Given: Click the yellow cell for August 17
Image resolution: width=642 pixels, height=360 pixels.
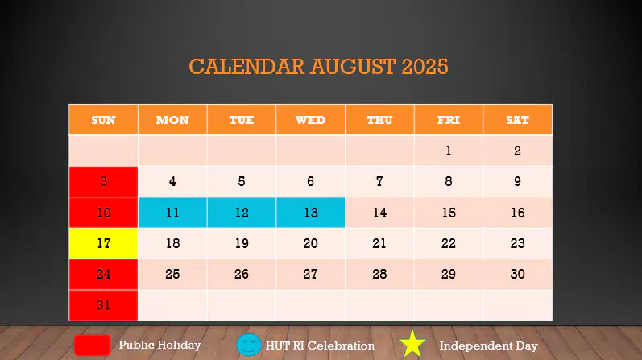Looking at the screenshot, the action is [103, 243].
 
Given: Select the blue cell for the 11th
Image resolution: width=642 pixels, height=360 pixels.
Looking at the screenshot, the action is [172, 213].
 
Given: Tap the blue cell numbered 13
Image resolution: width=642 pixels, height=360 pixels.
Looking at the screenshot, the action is [310, 213].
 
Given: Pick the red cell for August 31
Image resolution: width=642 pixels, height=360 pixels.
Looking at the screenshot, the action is [103, 305].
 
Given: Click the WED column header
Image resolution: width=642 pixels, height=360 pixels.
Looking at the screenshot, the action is [310, 119].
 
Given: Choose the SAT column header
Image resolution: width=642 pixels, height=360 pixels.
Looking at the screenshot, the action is [517, 119].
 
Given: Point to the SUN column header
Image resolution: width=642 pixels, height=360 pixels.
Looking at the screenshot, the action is [103, 119].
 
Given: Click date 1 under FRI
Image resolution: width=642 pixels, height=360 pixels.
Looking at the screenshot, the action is [449, 151].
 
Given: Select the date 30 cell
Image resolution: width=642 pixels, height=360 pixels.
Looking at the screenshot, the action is [517, 274].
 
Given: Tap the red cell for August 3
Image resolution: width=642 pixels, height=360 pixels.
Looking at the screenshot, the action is [103, 181].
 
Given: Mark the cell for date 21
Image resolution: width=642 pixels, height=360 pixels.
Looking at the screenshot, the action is [379, 243].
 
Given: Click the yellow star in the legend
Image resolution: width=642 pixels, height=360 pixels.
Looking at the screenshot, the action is [412, 344].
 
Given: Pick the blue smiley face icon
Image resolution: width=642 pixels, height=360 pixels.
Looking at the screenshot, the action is [249, 345].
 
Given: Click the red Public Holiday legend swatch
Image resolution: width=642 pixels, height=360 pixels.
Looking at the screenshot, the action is [92, 346].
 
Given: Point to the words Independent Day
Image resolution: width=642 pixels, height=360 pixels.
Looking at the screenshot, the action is [488, 346].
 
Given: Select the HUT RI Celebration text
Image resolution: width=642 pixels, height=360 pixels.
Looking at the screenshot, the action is [320, 346].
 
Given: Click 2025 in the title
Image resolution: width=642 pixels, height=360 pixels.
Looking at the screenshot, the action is [425, 67].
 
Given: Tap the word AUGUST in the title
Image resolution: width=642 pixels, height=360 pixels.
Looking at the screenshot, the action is [353, 67].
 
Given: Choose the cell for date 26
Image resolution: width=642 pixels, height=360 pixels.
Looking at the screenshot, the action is [242, 274].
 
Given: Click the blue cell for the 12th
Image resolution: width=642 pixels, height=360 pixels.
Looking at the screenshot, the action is [242, 213].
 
